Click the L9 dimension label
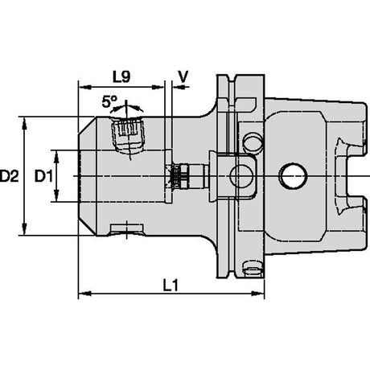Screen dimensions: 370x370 point(121,77)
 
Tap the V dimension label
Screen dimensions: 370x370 point(183,77)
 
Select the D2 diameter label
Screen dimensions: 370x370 point(10,176)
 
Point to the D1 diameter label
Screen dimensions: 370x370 point(43,176)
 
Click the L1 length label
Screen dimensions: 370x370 point(171,286)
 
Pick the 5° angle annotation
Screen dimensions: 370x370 point(109,102)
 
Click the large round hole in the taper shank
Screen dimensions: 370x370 point(293,176)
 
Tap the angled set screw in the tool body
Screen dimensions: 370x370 point(128,136)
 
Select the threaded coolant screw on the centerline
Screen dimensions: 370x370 point(187,176)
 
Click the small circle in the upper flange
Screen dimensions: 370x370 point(253,142)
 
